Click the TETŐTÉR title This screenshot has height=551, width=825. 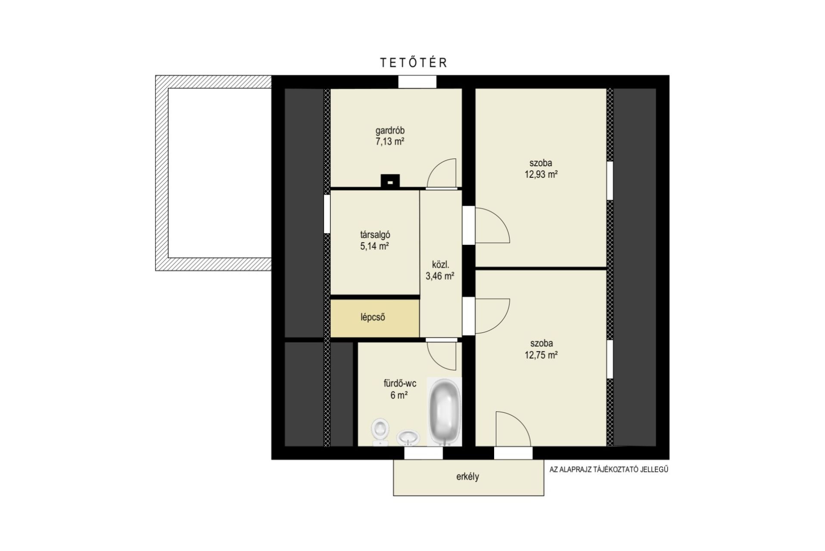click(414, 62)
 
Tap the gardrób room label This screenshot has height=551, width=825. click(390, 130)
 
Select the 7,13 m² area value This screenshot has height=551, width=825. click(390, 142)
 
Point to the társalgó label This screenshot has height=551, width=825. click(375, 235)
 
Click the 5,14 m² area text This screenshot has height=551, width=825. click(375, 246)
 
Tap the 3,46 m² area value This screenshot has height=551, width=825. click(440, 276)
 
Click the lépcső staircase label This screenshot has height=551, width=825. click(373, 318)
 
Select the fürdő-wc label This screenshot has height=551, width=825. click(400, 384)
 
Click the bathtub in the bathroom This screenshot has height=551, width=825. click(445, 412)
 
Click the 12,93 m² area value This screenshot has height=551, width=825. click(541, 174)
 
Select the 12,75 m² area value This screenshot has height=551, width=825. click(541, 355)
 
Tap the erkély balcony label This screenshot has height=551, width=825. click(468, 477)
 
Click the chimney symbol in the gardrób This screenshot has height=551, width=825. click(390, 181)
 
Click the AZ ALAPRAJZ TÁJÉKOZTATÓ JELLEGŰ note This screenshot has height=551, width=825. click(609, 470)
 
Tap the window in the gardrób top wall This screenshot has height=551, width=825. click(417, 82)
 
